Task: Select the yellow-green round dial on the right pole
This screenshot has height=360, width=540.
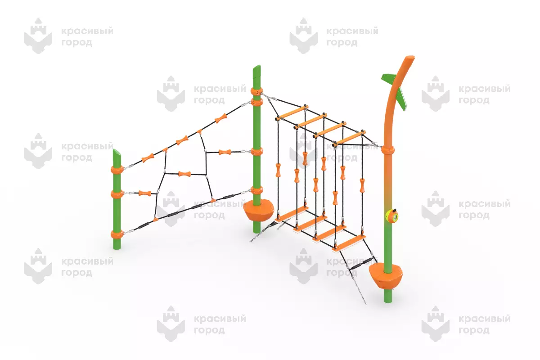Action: pos(392,216)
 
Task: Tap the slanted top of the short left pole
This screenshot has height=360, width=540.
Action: pos(117,153)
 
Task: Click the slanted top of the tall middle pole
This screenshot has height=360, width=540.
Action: pos(257,69)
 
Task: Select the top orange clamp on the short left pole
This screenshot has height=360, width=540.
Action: pos(117,170)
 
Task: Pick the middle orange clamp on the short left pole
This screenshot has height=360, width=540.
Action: pos(117,194)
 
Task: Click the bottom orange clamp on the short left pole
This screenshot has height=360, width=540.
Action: pos(117,234)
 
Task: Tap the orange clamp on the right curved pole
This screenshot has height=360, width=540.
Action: pos(388,150)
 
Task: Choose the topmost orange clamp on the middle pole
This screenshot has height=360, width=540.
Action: pos(256,91)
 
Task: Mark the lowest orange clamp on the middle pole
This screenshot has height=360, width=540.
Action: pos(256,190)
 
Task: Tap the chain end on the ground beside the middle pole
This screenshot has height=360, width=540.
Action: pos(251,241)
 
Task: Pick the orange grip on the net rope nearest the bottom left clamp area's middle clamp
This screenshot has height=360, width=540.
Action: pos(145,193)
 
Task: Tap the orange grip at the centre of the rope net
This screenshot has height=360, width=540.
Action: pos(184,174)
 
